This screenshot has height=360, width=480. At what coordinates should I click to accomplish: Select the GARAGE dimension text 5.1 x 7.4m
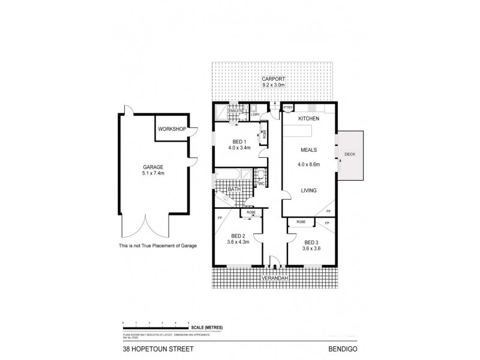point(153,174)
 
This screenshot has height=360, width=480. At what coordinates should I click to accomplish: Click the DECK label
point(350,155)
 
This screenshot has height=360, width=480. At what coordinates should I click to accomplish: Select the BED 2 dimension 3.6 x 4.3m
point(238,242)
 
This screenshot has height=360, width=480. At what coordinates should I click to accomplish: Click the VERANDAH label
point(274,278)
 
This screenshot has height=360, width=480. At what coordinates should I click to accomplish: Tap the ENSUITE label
point(235,111)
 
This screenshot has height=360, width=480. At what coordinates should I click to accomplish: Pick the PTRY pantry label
point(287,108)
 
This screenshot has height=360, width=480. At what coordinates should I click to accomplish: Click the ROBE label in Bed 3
point(301,222)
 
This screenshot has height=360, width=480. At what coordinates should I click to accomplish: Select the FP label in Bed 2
point(220,217)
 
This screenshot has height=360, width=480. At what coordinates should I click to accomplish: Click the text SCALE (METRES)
point(206,326)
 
